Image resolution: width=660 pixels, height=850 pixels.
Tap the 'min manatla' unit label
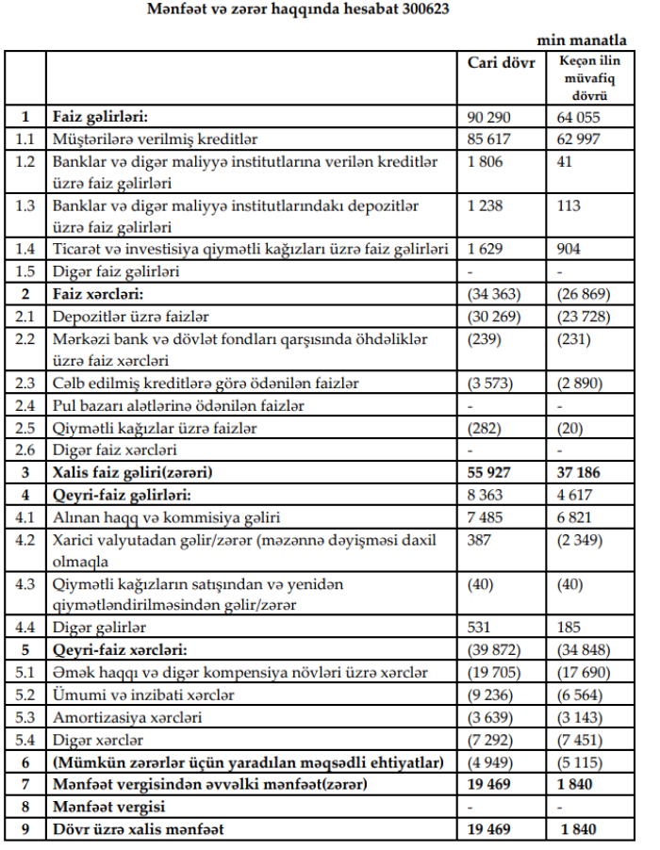pos(582,41)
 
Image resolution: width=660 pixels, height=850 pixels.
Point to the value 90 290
pos(488,118)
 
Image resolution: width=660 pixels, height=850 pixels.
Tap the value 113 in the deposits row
pos(569,204)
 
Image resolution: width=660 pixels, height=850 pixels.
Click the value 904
pos(569,249)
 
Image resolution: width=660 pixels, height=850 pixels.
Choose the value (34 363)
pos(495,293)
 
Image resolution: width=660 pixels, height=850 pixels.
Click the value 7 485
pos(486,517)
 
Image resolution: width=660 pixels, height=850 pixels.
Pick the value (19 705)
pos(495,673)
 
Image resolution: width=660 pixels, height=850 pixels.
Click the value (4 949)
pos(491,762)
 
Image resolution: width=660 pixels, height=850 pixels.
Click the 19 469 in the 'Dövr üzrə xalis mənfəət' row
pos(489,830)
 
